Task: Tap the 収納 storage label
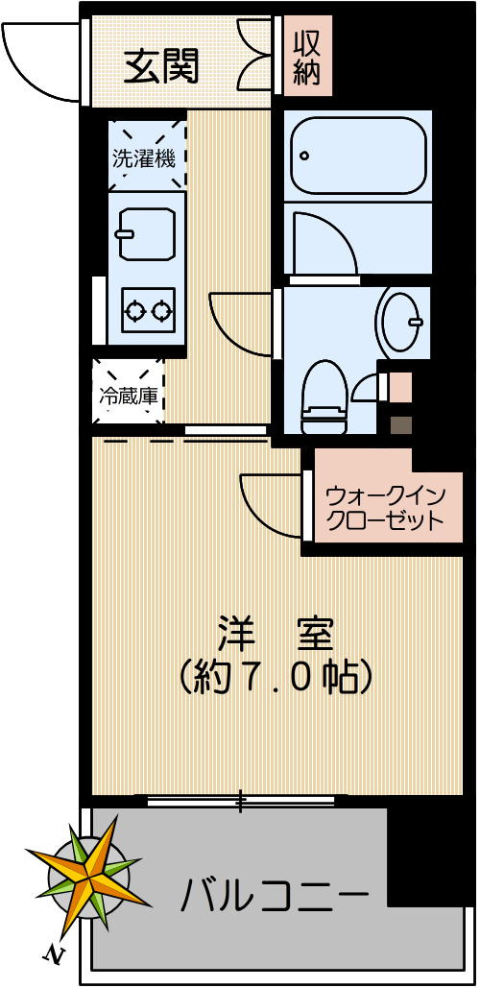coord(306,58)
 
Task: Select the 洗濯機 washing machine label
coord(144,159)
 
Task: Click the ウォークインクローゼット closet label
coord(384,509)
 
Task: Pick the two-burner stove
coord(147,310)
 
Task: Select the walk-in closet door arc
coord(269,499)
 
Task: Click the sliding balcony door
coord(240,799)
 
